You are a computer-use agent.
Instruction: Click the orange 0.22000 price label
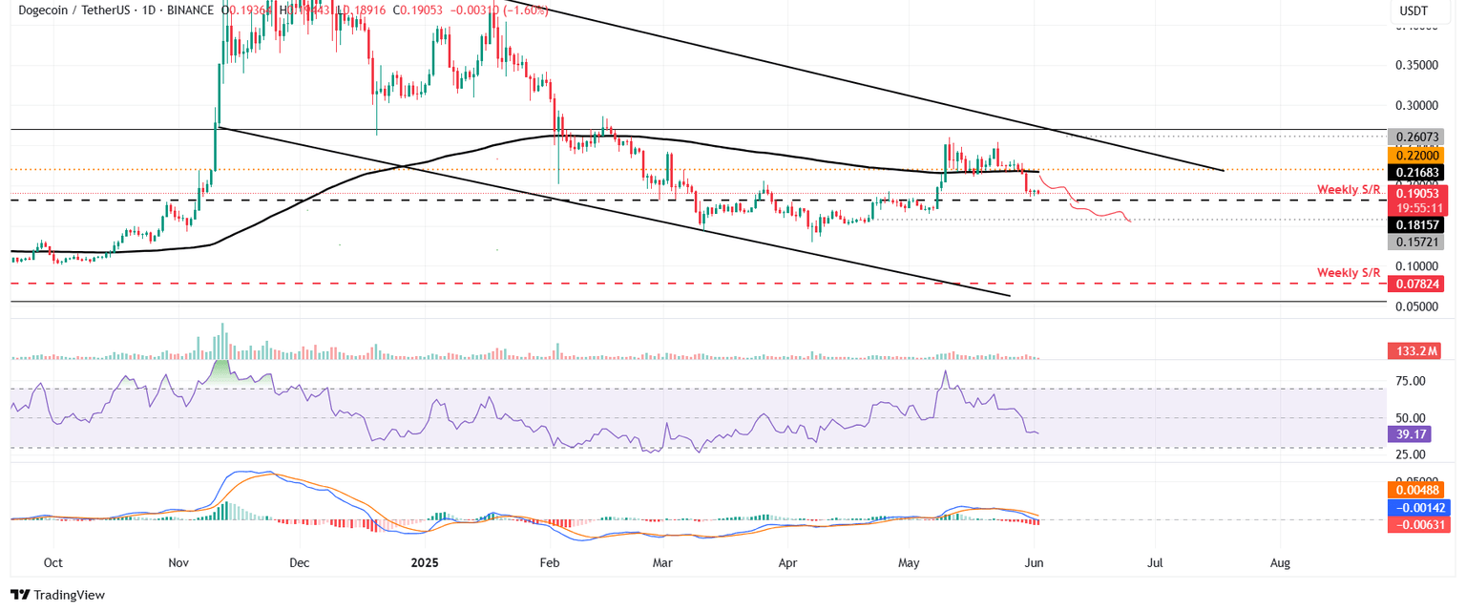point(1415,155)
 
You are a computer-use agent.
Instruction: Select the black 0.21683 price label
point(1415,172)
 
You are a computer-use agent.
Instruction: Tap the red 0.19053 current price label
point(1415,193)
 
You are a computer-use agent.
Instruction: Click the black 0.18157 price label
point(1415,225)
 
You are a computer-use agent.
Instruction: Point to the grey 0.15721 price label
point(1415,243)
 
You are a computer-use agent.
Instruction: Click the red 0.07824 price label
point(1415,284)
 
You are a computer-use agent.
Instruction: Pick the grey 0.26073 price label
point(1415,137)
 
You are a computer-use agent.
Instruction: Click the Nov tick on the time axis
point(178,563)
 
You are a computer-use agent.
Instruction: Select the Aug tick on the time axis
point(1280,563)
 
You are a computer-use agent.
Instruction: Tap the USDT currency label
point(1414,11)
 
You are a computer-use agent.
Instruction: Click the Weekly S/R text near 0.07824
point(1349,273)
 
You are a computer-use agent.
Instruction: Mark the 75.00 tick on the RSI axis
point(1411,381)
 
